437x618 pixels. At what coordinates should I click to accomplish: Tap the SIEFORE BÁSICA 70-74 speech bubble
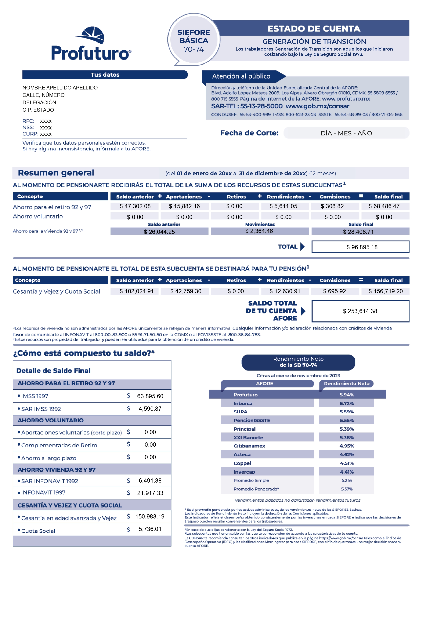tap(194, 40)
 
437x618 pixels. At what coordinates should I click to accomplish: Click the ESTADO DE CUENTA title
tap(314, 29)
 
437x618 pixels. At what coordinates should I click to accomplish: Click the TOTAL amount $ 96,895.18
tap(360, 247)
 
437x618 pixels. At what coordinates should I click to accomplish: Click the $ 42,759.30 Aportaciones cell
tap(186, 291)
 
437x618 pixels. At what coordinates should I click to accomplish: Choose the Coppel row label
tap(242, 463)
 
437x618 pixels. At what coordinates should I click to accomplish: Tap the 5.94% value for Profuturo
tap(347, 395)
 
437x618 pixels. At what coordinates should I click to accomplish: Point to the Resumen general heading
tap(56, 173)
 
